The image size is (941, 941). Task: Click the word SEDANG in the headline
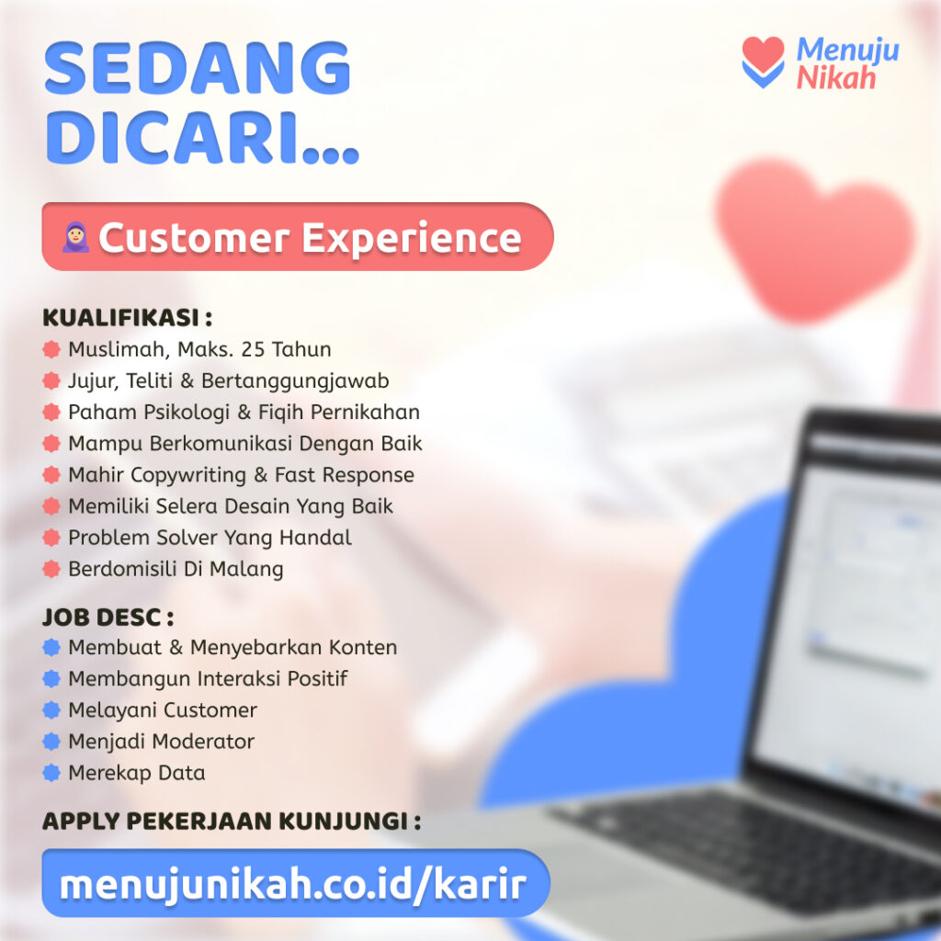(x=198, y=68)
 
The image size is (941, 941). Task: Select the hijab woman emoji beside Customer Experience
(x=75, y=237)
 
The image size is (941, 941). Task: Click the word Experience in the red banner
(x=412, y=239)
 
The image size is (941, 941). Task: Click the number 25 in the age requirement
(x=253, y=349)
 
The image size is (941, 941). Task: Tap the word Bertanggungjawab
(x=295, y=381)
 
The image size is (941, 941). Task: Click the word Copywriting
(x=188, y=475)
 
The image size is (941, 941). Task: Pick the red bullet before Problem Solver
(x=51, y=537)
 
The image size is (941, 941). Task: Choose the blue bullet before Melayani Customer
(x=51, y=709)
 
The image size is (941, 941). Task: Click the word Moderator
(x=198, y=742)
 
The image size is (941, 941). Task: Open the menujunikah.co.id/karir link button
(x=296, y=883)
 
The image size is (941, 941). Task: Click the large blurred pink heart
(x=814, y=239)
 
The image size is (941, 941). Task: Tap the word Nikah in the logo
(x=836, y=78)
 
